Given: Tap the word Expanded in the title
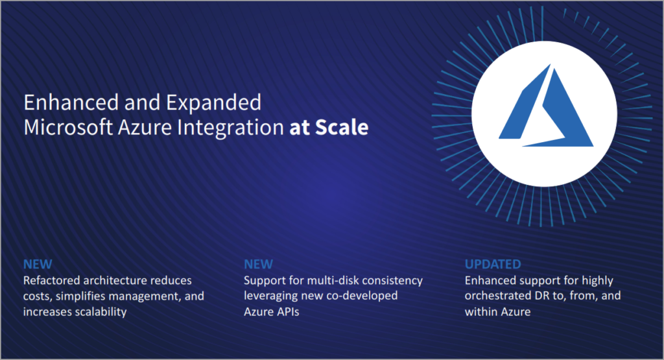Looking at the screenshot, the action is point(213,103).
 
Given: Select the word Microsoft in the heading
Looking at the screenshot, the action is point(68,127).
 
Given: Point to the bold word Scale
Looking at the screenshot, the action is point(342,127).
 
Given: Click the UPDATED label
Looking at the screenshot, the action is point(493,264).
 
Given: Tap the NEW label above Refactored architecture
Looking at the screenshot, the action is point(38,264).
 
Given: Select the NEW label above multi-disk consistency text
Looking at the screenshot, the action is point(258,264).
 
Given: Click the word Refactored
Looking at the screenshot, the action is point(52,280).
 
